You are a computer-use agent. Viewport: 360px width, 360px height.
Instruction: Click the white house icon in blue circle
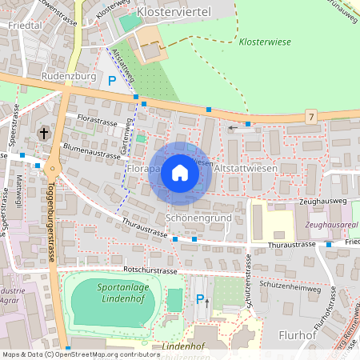(x=180, y=172)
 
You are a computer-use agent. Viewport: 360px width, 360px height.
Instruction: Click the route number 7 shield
(x=310, y=117)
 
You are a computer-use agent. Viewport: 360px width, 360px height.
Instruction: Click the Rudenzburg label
(x=66, y=78)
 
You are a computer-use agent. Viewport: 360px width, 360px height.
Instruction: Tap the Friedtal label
(x=23, y=26)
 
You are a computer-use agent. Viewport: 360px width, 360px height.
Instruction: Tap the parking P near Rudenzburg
(x=112, y=80)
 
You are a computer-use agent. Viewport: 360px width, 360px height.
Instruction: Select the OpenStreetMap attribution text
(x=81, y=354)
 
